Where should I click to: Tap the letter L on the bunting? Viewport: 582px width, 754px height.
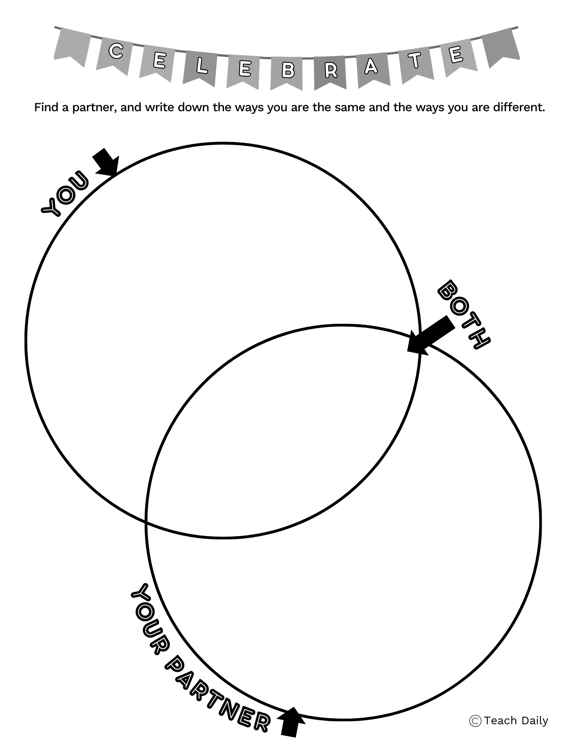(x=202, y=66)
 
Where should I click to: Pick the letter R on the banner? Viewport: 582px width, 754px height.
(x=331, y=70)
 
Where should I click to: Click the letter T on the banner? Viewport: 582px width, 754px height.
(x=415, y=60)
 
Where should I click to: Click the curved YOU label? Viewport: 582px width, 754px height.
(x=64, y=194)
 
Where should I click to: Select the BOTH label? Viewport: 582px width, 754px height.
(x=464, y=314)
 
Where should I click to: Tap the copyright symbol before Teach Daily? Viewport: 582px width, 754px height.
(x=475, y=721)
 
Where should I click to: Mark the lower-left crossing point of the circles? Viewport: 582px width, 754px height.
(x=147, y=522)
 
